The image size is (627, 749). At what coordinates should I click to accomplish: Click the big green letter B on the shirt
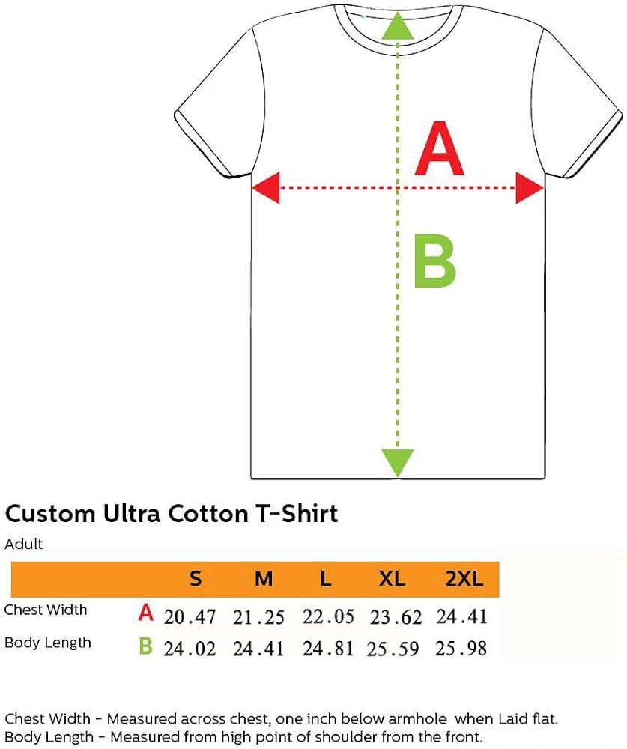coord(435,262)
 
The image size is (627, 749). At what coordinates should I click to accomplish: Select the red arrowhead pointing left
coord(265,187)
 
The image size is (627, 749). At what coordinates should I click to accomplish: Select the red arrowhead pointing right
coord(529,187)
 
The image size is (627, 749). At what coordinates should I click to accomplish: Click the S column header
coord(196,579)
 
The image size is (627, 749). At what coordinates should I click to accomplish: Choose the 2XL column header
coord(464,579)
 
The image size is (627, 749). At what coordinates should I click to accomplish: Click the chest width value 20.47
coord(190,617)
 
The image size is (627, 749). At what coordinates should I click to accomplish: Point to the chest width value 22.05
coord(328,616)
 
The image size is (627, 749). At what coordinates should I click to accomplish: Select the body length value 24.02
coord(190,649)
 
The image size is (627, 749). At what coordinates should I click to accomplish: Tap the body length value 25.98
coord(461,648)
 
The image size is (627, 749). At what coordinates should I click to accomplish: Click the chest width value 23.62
coord(396,617)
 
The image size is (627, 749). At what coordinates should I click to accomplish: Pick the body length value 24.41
coord(258,649)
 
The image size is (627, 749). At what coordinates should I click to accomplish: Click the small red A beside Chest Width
coord(146,614)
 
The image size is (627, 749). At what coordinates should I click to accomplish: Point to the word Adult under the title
coord(24,544)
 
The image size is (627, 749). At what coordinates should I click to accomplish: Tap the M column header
coord(264,579)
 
